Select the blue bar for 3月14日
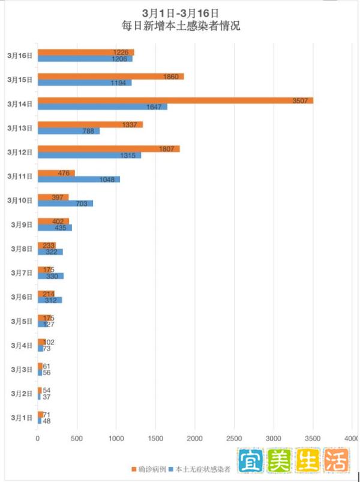(x=103, y=107)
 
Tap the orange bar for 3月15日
(x=110, y=76)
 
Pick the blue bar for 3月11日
(x=79, y=179)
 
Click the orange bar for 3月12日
(x=109, y=148)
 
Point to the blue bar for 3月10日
(x=65, y=203)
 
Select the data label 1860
(x=171, y=76)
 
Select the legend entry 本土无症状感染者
(x=201, y=469)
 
